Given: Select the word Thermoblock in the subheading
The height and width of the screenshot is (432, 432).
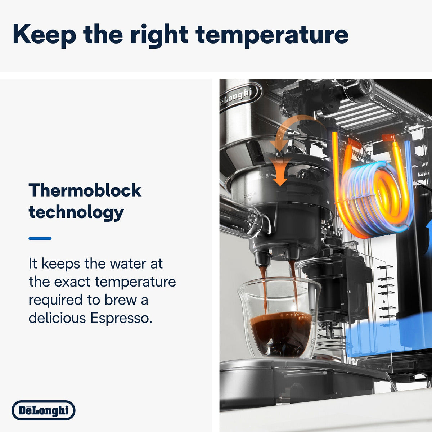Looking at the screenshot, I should pyautogui.click(x=85, y=190).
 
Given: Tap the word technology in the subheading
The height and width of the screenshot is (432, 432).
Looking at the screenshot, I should pyautogui.click(x=76, y=212).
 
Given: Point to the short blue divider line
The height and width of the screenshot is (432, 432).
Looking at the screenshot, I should pyautogui.click(x=40, y=238).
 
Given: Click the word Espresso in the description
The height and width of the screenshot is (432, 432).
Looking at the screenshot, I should pyautogui.click(x=120, y=318).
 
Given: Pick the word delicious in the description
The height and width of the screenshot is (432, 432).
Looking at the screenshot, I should pyautogui.click(x=57, y=318).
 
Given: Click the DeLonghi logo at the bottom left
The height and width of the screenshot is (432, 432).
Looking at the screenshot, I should pyautogui.click(x=43, y=410).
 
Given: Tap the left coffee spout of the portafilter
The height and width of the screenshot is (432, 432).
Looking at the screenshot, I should pyautogui.click(x=262, y=258).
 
